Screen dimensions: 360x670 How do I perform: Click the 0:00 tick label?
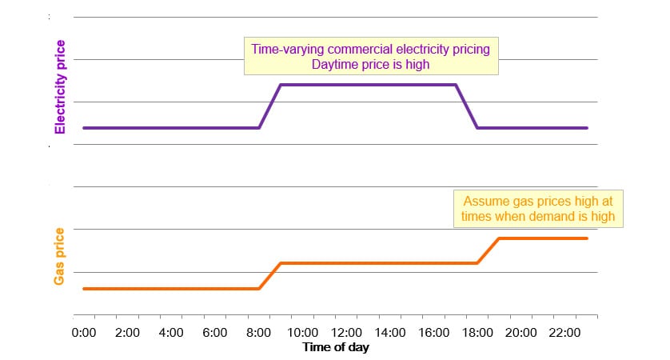(x=84, y=332)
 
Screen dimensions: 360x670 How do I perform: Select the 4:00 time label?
(x=171, y=332)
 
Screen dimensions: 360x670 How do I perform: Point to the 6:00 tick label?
(x=215, y=332)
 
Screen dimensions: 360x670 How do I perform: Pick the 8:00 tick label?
(x=258, y=332)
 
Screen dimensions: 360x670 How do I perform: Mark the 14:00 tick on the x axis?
(x=390, y=332)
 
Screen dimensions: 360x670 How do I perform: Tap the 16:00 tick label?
(x=433, y=332)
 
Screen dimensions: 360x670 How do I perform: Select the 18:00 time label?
(x=477, y=332)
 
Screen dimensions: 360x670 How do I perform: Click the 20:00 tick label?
(x=521, y=332)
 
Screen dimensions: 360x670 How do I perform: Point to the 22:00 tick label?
(x=565, y=332)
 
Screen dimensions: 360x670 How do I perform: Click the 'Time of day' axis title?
(x=336, y=347)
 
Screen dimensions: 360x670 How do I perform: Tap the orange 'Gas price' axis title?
(x=59, y=255)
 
